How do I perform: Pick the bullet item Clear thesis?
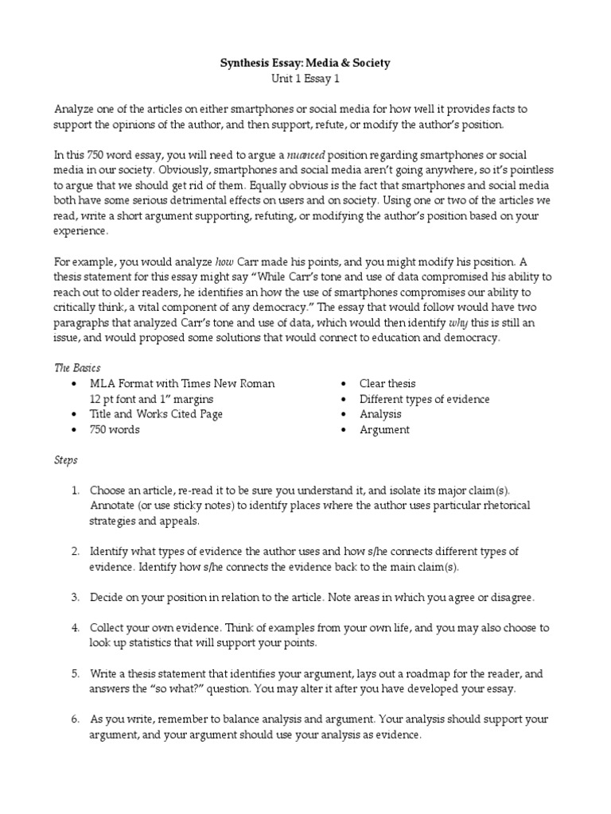(x=387, y=384)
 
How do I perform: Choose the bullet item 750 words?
(x=115, y=430)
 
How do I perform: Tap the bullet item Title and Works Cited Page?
(x=156, y=414)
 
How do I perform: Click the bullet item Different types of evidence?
(x=424, y=399)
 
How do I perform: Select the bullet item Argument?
(x=384, y=430)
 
